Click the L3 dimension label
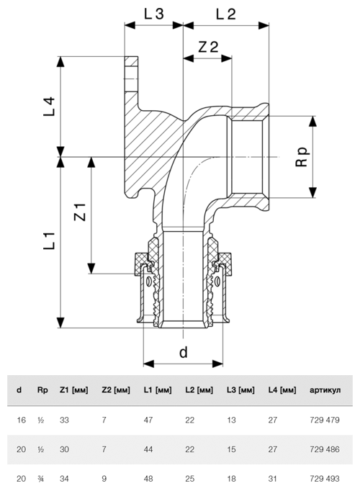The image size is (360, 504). [x=154, y=14]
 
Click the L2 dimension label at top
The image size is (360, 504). [x=225, y=14]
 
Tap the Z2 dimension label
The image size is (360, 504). [x=208, y=47]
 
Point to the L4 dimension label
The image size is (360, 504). [x=49, y=107]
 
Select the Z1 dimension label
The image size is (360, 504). [x=80, y=212]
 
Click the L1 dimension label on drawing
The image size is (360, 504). [x=49, y=240]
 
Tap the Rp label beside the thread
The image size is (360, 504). [x=302, y=157]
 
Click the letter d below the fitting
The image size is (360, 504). [x=183, y=352]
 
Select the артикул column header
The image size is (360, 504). [x=325, y=390]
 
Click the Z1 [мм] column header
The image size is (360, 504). [x=73, y=390]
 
